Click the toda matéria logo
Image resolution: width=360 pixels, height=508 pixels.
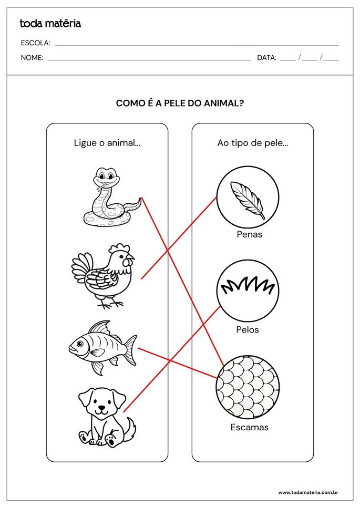point(50,23)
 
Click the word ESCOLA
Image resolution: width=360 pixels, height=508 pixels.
point(35,43)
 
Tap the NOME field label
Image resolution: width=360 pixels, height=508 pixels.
point(32,58)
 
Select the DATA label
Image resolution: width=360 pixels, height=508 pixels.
point(266,58)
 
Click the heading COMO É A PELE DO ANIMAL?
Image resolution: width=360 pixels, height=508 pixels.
point(180,103)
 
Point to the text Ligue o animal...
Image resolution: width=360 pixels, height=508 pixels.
point(107,143)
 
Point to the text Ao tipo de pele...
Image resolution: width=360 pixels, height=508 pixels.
point(252,143)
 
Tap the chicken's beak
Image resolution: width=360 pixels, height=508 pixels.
point(131,258)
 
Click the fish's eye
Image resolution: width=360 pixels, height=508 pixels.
point(79,345)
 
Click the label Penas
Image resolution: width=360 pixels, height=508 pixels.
point(249,234)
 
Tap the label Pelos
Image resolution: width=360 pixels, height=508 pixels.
point(248,330)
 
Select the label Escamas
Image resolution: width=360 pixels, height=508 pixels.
point(249,427)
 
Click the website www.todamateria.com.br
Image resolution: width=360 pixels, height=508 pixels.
point(307,492)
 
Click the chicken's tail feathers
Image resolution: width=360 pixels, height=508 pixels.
point(81,268)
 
